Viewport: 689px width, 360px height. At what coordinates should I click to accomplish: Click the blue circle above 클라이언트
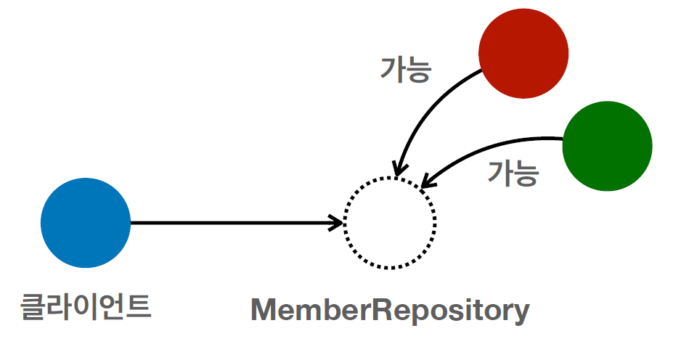click(86, 223)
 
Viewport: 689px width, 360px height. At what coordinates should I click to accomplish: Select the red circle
click(523, 52)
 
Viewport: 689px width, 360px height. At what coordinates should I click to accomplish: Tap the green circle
click(607, 146)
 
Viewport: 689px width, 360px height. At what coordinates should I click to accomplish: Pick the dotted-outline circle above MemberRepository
click(390, 223)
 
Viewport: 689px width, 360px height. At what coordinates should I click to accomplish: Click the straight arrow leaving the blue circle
click(232, 223)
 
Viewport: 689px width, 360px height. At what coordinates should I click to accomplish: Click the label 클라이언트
click(86, 306)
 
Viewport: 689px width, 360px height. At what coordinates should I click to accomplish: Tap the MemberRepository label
click(390, 311)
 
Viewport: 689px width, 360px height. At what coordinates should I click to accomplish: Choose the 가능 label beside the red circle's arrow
click(406, 69)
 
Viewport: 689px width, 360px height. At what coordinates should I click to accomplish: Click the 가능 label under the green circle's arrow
click(513, 173)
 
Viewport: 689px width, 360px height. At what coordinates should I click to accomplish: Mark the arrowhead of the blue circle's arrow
click(337, 223)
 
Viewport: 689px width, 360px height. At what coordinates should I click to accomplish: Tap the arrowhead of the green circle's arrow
click(427, 183)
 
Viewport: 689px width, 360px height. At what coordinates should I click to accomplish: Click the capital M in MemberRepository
click(263, 311)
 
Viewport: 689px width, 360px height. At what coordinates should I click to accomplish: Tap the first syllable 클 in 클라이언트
click(33, 306)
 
